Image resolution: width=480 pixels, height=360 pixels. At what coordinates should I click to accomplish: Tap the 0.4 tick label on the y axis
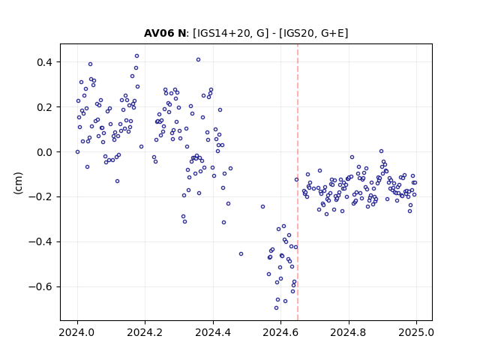pyautogui.click(x=45, y=62)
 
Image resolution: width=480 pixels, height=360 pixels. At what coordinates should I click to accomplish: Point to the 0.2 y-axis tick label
pyautogui.click(x=45, y=107)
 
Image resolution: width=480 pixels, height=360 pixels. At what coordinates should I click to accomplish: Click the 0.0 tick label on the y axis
pyautogui.click(x=45, y=152)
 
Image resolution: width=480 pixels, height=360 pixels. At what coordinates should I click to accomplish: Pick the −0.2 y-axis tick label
pyautogui.click(x=40, y=197)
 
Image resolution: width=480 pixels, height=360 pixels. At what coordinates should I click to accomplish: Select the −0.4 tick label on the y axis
pyautogui.click(x=40, y=242)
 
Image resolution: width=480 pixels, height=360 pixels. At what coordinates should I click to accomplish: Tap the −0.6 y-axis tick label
pyautogui.click(x=40, y=287)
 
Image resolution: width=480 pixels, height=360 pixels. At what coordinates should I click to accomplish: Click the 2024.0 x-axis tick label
pyautogui.click(x=77, y=332)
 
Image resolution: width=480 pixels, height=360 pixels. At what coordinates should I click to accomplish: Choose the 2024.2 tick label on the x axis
pyautogui.click(x=145, y=332)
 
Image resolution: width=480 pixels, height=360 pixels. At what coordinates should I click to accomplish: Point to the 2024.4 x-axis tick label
pyautogui.click(x=213, y=332)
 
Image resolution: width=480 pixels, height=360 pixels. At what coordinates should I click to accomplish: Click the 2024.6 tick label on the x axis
pyautogui.click(x=280, y=332)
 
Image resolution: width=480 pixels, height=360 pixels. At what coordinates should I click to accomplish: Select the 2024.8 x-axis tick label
pyautogui.click(x=348, y=332)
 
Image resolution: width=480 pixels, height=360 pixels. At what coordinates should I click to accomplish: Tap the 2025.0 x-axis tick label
pyautogui.click(x=416, y=332)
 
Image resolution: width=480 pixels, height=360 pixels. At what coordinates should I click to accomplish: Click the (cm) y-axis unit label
pyautogui.click(x=18, y=183)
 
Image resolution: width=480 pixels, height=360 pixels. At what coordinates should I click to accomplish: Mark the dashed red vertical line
pyautogui.click(x=298, y=182)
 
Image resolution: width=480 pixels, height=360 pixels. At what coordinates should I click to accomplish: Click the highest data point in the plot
pyautogui.click(x=136, y=56)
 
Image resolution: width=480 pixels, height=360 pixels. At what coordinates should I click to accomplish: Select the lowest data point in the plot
pyautogui.click(x=276, y=308)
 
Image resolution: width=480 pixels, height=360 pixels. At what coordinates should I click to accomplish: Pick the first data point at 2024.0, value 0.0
pyautogui.click(x=77, y=151)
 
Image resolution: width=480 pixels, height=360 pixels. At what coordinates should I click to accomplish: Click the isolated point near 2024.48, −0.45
pyautogui.click(x=241, y=253)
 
